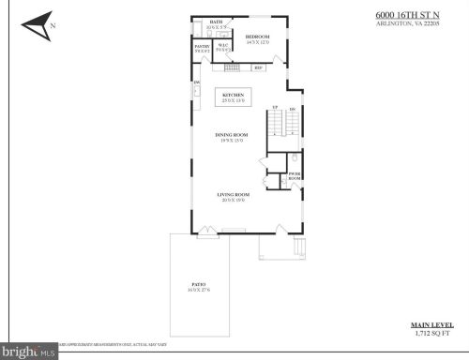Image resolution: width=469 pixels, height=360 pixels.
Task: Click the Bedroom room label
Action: coord(257,37)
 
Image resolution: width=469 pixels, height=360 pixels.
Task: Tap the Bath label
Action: coord(217,22)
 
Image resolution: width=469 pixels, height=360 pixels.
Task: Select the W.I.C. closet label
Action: coord(223,47)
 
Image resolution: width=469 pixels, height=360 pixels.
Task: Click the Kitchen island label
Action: coord(233,96)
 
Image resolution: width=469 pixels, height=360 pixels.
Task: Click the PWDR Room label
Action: coord(294,175)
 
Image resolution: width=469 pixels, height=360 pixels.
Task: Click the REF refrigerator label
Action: coord(258,68)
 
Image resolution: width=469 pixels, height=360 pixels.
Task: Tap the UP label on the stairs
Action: coord(274,109)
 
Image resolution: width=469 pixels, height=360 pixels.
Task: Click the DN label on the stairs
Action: coord(293,109)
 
